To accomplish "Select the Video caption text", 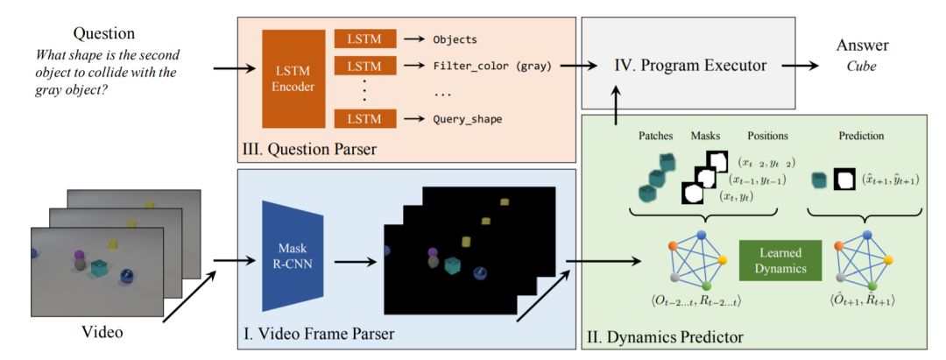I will click(103, 333).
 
